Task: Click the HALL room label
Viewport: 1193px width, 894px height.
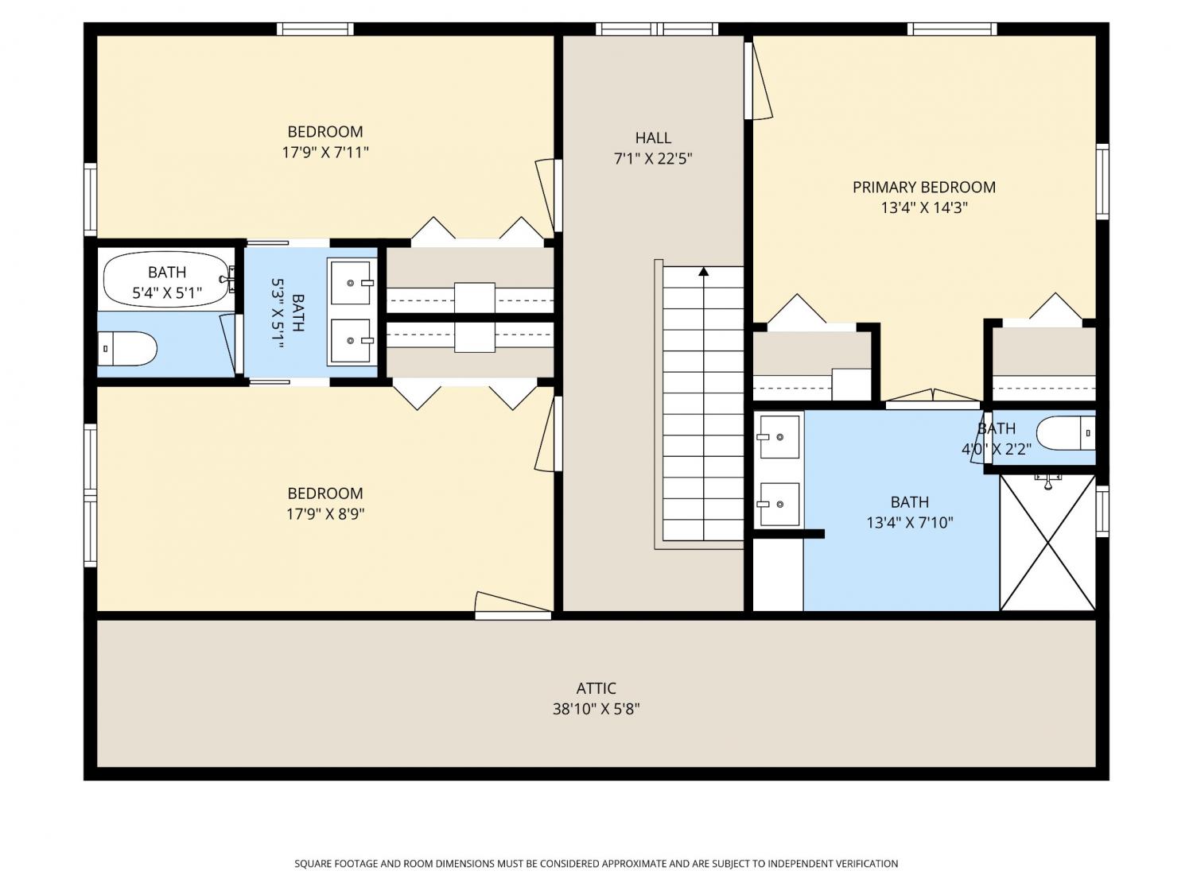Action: pos(653,137)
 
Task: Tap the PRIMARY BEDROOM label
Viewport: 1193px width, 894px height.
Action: pos(923,188)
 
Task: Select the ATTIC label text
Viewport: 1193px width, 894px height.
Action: pos(596,688)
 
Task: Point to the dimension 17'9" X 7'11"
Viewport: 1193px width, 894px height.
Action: pos(325,153)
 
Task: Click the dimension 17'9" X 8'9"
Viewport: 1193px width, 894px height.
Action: pos(325,513)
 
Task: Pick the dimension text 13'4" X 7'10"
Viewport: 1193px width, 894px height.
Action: pos(909,522)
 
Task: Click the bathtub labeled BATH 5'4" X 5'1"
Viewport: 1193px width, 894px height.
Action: pos(166,279)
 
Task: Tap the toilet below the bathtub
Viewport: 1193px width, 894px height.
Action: pos(127,349)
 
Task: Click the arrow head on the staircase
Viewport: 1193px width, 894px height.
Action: pos(703,272)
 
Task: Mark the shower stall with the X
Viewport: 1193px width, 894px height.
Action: pos(1047,542)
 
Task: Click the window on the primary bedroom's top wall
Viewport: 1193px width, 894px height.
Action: pos(952,29)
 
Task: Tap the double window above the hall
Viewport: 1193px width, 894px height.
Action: pos(657,29)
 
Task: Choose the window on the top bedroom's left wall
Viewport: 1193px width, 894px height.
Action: pos(90,199)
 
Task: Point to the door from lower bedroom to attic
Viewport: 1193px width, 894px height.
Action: pos(514,606)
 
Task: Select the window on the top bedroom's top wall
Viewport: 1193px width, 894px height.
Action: pos(315,29)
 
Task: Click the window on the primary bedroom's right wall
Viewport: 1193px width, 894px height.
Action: pos(1102,182)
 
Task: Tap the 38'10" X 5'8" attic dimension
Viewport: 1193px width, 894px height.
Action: pos(596,709)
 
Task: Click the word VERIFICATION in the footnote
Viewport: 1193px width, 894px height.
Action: pos(866,863)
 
